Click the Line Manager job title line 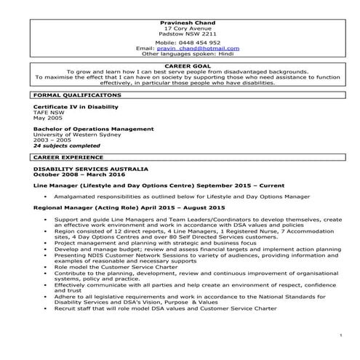tap(149, 185)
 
